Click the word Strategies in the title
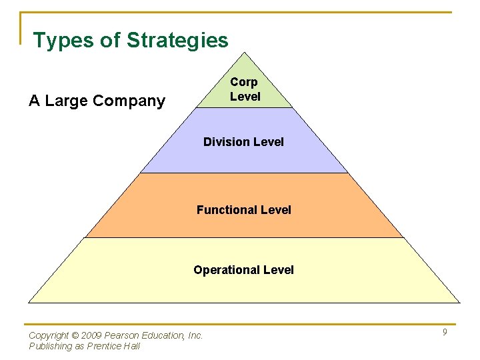177,41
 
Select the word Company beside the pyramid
129,101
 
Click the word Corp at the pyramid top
244,82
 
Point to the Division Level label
243,142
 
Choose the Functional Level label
243,210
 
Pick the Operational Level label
243,270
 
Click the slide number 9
445,333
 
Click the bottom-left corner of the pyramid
29,303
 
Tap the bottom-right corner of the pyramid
460,303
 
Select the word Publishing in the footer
51,346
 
